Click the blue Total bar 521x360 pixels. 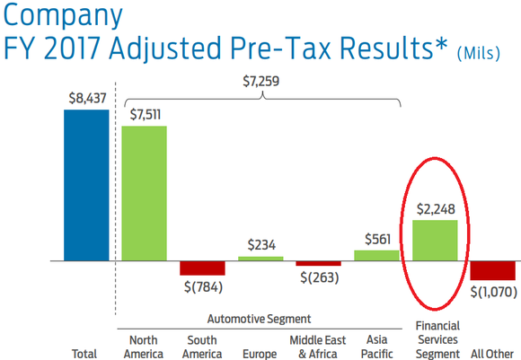85,185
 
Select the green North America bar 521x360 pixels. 144,193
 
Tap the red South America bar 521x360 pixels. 202,268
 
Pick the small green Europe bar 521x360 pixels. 260,259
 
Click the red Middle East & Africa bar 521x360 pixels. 319,264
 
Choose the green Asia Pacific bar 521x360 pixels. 376,256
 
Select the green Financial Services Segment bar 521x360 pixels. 435,241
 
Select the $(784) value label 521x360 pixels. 202,287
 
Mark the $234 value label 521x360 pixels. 260,245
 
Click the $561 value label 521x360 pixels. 376,239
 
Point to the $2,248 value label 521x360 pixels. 435,210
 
